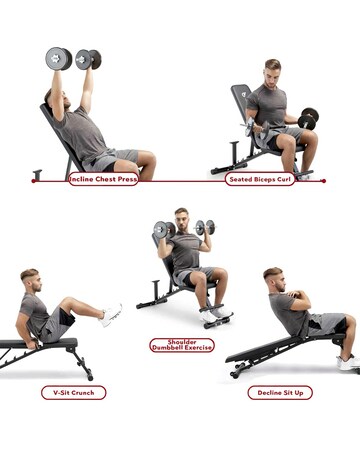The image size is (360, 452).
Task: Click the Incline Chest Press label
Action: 103,180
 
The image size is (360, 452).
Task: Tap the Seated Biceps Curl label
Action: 261,180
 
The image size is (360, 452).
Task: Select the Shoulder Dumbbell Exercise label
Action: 181,345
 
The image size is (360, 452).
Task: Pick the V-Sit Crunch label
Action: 73,393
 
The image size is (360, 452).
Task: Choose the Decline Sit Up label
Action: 280,393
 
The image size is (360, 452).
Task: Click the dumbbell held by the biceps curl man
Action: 309,119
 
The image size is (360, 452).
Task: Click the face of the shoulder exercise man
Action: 181,218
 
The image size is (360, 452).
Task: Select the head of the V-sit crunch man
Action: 30,279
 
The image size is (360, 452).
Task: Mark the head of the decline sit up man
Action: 273,277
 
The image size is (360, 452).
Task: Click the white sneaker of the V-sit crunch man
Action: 110,315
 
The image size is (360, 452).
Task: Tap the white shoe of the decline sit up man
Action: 349,363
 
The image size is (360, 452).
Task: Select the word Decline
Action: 266,393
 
